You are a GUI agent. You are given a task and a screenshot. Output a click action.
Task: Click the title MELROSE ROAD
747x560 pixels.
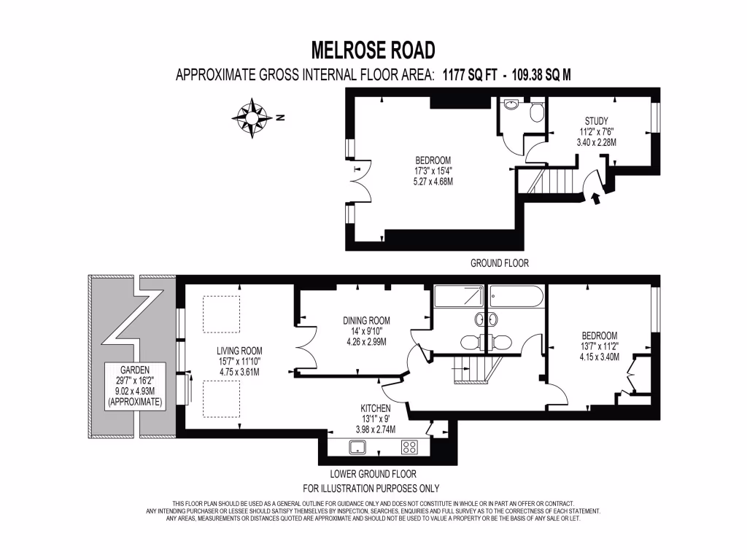[x=373, y=50]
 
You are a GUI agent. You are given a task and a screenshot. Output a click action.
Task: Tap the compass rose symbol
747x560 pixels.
[x=252, y=118]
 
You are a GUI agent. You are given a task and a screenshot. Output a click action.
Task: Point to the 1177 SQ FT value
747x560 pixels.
[x=478, y=74]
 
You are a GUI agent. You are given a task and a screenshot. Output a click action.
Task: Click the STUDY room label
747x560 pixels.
[x=596, y=121]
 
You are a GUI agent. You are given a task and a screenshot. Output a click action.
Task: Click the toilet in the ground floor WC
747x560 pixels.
[x=537, y=112]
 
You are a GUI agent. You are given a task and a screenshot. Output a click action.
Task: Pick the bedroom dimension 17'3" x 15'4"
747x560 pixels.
[x=433, y=171]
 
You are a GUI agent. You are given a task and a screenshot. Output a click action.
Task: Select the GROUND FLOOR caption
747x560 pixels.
[x=499, y=262]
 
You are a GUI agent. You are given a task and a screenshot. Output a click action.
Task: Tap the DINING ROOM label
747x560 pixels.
[x=366, y=320]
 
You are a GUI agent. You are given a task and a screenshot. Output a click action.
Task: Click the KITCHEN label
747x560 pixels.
[x=375, y=408]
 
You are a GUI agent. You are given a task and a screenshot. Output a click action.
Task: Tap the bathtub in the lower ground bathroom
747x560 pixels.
[x=516, y=297]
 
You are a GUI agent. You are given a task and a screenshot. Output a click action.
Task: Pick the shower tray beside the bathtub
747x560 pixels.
[x=460, y=297]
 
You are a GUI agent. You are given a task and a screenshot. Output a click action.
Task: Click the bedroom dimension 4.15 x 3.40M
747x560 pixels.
[x=599, y=357]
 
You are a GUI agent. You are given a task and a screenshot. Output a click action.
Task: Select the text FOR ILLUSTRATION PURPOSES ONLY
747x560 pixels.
[x=371, y=489]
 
